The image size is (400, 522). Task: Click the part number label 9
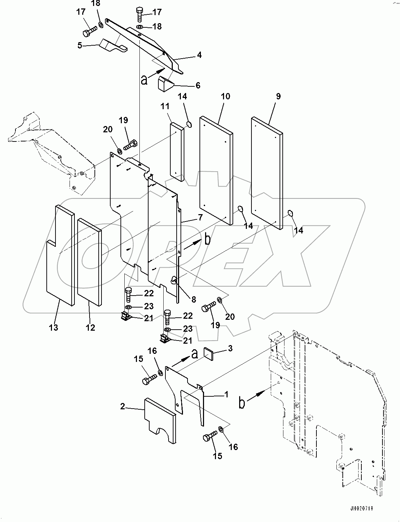coord(278,96)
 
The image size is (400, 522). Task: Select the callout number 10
coord(225,96)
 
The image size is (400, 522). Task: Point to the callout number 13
coord(53,328)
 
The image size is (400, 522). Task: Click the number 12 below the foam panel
coord(90,328)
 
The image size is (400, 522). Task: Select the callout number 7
coord(200,217)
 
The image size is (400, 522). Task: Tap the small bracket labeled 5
coord(112,46)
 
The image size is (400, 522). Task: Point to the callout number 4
coord(199,55)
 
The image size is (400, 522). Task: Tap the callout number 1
coord(227,395)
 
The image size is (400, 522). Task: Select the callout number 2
coord(123,406)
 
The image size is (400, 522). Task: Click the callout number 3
coord(230,348)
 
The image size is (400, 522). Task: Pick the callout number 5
coord(80,45)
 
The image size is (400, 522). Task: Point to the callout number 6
coord(198,85)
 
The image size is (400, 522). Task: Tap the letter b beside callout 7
coord(208,240)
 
